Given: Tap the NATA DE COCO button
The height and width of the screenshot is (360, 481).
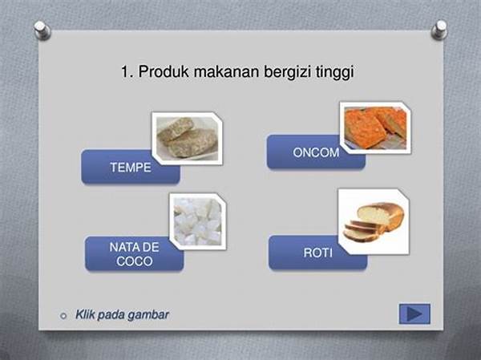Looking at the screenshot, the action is click(x=134, y=254).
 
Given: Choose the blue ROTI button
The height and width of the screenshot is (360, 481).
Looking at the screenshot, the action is click(x=317, y=253).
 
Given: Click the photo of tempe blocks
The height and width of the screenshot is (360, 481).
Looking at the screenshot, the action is click(x=188, y=139).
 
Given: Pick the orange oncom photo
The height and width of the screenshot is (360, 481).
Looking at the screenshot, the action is click(x=375, y=127).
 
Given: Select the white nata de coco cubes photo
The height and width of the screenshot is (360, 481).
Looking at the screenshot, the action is click(x=198, y=221).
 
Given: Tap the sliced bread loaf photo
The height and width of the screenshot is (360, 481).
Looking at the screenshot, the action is click(x=374, y=221).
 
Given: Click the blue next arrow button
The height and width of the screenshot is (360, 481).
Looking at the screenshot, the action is click(x=414, y=314).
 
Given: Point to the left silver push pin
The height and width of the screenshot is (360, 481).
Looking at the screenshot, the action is click(x=42, y=30).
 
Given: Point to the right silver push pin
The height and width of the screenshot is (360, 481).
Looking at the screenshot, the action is click(x=439, y=30).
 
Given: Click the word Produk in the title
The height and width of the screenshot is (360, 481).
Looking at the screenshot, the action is click(x=164, y=71).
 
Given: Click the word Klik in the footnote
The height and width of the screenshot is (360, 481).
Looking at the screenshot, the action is click(x=85, y=314).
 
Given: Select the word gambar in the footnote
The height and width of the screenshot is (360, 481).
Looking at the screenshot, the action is click(x=148, y=315).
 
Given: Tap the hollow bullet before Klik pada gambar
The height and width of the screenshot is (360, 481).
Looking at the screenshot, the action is click(x=63, y=315).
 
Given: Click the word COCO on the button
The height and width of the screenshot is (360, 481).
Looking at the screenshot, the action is click(x=135, y=261).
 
